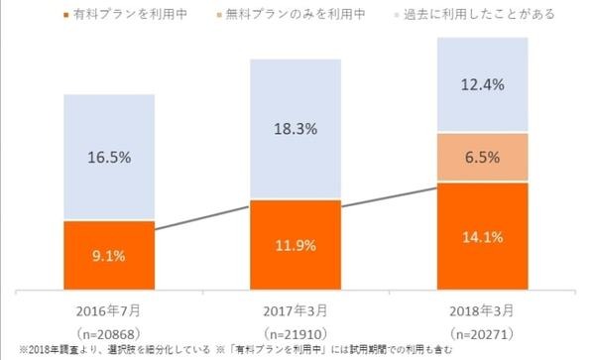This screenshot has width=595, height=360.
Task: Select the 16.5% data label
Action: [x=108, y=157]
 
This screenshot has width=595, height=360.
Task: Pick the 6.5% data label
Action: [x=482, y=157]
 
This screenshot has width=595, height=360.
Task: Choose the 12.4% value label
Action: [x=482, y=87]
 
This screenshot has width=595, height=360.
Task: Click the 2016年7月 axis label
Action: [x=108, y=306]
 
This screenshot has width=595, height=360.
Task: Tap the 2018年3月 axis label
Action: [x=482, y=306]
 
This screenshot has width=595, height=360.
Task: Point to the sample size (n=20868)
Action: [x=108, y=328]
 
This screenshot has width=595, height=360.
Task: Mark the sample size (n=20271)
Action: [x=482, y=328]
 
